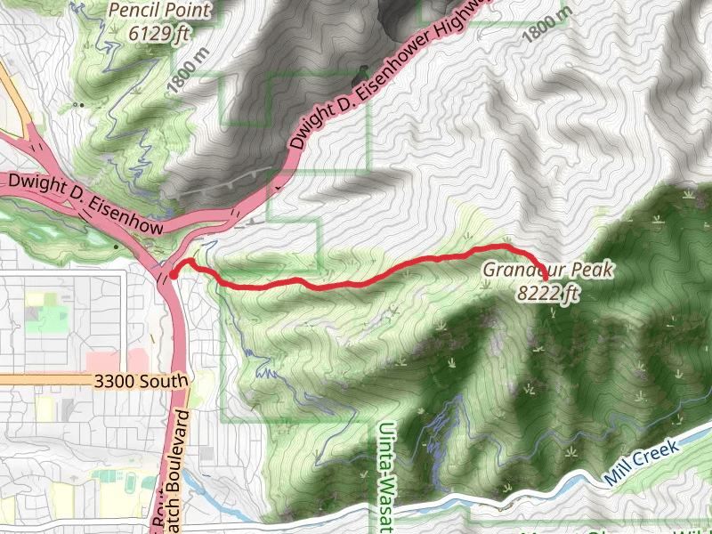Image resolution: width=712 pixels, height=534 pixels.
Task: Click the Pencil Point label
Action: [161, 11]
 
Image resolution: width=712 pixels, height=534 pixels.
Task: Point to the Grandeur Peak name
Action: [547, 270]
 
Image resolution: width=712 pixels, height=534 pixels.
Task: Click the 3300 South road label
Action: [141, 382]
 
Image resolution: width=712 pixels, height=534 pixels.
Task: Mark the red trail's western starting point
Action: [174, 275]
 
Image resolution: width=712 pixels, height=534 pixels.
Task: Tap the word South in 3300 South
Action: [165, 382]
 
